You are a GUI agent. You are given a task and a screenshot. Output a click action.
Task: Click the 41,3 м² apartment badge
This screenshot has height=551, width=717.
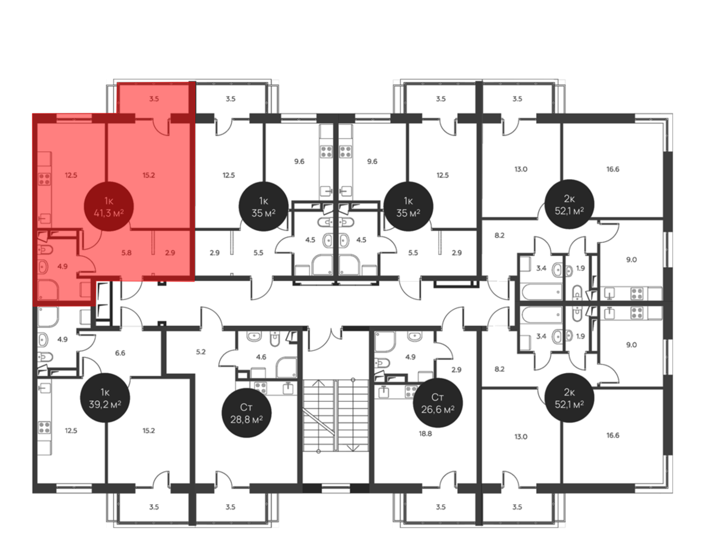click(109, 207)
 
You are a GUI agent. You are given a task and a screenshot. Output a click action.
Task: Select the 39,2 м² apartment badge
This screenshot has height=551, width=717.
click(105, 398)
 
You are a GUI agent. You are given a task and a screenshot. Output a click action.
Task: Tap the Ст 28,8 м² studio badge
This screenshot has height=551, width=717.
click(247, 413)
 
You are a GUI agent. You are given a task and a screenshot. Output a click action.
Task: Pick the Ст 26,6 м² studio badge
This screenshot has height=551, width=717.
click(438, 403)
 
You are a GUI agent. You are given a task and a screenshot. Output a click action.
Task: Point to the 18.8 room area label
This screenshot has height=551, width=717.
click(425, 434)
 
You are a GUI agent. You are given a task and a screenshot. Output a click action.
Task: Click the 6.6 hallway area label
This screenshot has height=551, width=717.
click(120, 353)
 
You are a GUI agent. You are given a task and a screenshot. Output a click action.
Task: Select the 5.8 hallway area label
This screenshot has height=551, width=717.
click(126, 253)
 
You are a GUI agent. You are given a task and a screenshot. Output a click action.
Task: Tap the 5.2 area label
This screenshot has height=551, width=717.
click(201, 352)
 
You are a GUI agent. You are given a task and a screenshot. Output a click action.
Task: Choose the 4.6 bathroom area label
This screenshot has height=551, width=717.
click(261, 357)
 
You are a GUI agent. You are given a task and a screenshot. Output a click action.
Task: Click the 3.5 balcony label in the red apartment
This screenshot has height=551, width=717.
click(154, 99)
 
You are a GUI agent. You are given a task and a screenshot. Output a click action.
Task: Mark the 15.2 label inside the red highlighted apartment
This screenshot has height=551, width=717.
click(149, 176)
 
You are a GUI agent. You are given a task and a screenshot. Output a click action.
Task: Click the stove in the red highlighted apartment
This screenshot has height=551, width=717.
click(44, 179)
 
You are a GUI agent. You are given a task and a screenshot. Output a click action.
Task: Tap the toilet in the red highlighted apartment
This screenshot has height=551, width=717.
click(45, 249)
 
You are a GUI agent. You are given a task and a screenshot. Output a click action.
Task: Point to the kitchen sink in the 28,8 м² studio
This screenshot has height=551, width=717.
click(288, 388)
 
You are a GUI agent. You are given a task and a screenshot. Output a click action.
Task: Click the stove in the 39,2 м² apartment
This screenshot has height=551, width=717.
click(44, 427)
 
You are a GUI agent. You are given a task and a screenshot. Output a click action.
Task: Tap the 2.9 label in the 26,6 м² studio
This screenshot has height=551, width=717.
click(456, 370)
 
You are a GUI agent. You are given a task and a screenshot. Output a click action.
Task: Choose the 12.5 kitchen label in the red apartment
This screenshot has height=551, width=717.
click(71, 176)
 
